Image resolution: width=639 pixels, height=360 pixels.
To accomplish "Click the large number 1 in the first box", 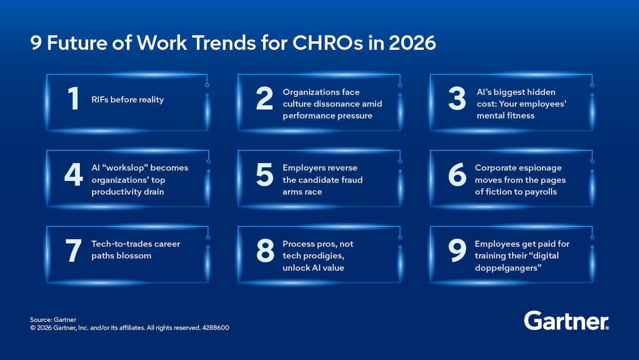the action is [73, 98].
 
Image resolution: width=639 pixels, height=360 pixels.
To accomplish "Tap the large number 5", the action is [265, 174].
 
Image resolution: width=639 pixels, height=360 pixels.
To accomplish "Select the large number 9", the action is [457, 250].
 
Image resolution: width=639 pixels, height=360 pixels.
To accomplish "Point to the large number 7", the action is [73, 250].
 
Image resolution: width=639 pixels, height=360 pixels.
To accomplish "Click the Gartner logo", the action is [566, 321].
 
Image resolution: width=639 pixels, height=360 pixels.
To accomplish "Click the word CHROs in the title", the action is [328, 43].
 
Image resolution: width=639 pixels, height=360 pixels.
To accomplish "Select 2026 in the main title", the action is [413, 43].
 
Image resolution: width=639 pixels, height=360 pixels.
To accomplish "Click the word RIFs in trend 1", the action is [100, 100].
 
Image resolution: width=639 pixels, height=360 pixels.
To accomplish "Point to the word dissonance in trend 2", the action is [332, 104].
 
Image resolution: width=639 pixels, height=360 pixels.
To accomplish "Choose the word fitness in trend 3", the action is [521, 116].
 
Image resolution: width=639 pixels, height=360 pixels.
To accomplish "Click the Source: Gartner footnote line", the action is [53, 320].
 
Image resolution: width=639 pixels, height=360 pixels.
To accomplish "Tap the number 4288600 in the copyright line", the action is [216, 328].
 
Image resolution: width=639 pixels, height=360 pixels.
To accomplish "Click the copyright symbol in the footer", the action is [33, 328].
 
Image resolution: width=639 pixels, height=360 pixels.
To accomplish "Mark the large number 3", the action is [457, 98].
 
